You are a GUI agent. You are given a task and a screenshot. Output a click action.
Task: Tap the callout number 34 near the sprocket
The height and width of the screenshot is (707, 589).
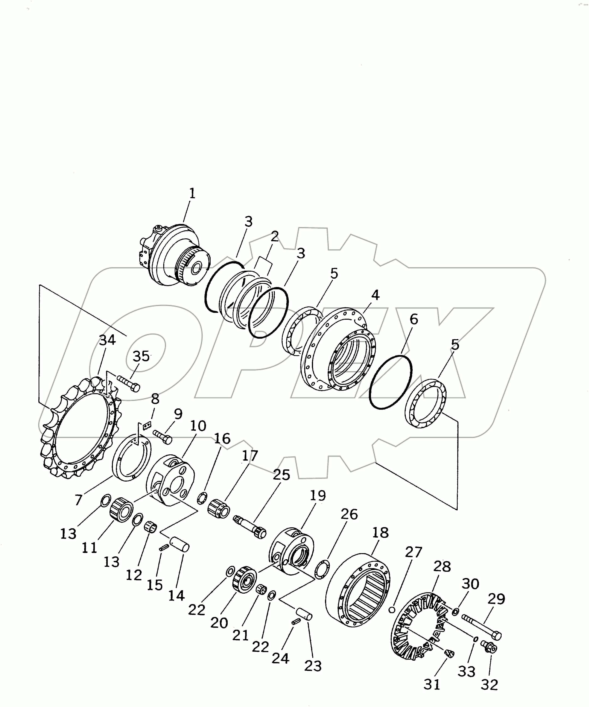tap(107, 340)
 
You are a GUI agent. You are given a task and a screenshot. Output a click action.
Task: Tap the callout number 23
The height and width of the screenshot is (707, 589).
tap(313, 666)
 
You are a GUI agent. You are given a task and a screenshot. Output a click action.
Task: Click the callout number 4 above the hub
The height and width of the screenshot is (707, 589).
tap(375, 295)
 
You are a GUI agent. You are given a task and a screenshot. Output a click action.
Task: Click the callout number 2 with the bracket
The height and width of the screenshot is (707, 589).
tap(275, 237)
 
